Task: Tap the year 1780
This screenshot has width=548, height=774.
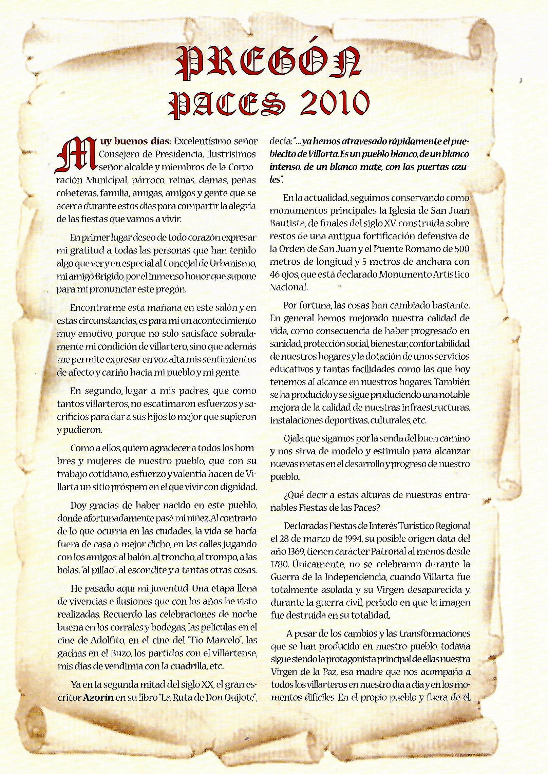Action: (x=279, y=564)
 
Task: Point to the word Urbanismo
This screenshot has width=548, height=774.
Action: (x=235, y=264)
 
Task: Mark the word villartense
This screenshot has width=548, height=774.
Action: (x=233, y=653)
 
